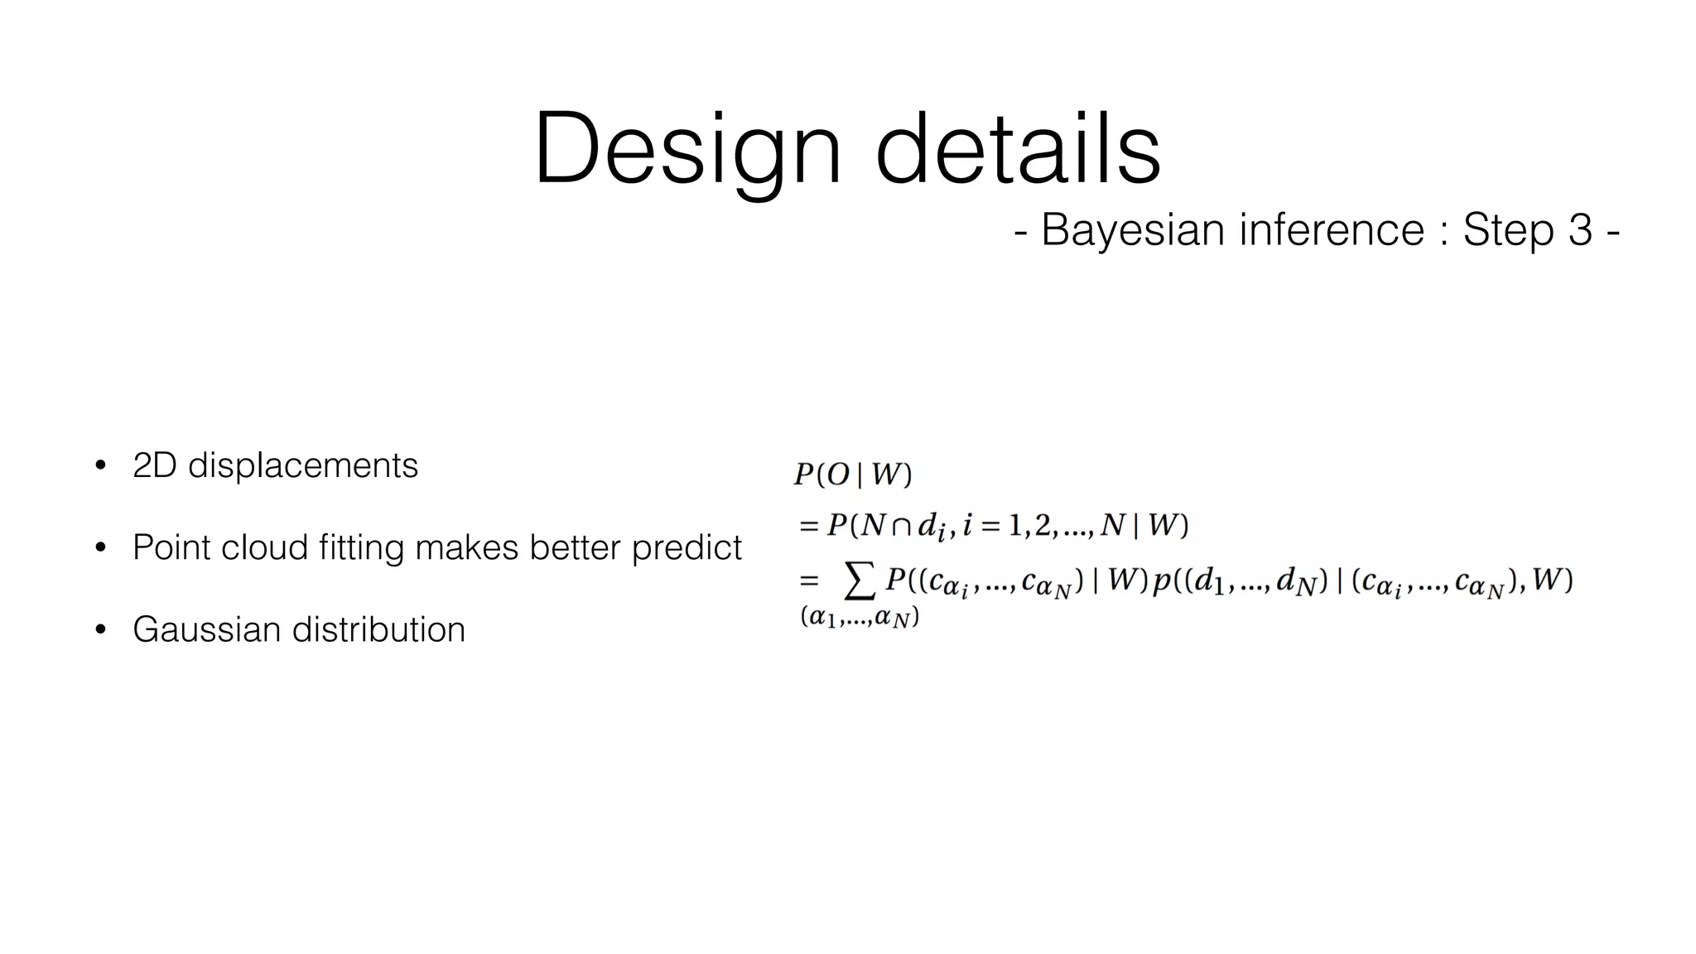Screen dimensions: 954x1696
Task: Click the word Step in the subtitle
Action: [1506, 229]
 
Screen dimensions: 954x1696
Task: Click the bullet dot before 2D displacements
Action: [100, 465]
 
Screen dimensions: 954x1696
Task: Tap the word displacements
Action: [302, 465]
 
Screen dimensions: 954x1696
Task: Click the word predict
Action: [687, 547]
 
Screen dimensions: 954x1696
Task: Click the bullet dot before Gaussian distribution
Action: [100, 629]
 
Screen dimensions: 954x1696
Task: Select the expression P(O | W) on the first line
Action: [852, 475]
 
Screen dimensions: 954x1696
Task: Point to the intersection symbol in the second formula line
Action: [902, 526]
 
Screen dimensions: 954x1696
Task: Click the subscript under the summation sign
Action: [860, 618]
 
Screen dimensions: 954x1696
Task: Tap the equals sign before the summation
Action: [809, 581]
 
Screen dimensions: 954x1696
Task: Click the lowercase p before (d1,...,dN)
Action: [1161, 582]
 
